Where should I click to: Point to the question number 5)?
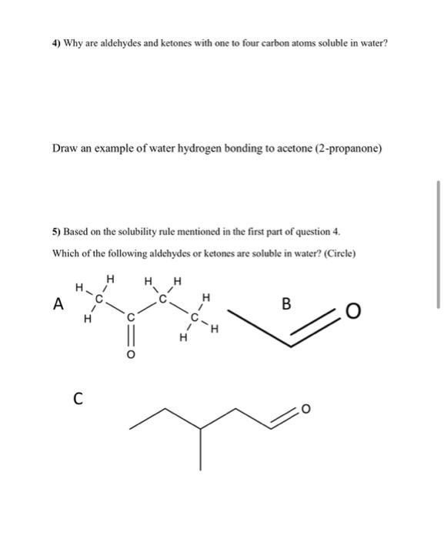click(57, 232)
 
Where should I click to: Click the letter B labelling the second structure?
click(285, 303)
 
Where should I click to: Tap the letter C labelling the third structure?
click(78, 398)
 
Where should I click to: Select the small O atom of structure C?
click(304, 409)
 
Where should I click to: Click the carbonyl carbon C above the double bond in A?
click(130, 316)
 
